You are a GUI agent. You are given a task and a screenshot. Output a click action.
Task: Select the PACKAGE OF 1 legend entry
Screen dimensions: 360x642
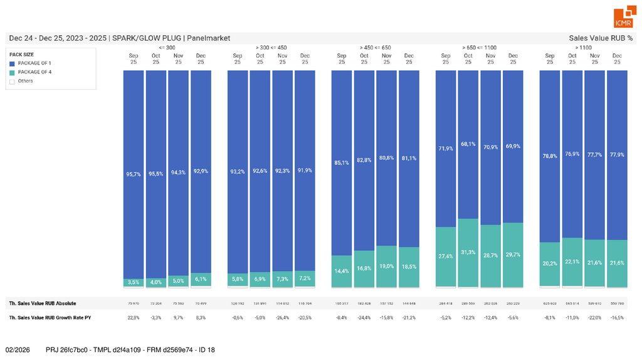click(34, 63)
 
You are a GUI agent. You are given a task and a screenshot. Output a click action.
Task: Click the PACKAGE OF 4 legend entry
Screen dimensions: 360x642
click(34, 72)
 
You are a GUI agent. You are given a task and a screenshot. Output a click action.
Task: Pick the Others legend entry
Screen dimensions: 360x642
click(25, 81)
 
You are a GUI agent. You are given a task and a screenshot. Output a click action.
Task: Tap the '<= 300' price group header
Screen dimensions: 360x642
click(167, 48)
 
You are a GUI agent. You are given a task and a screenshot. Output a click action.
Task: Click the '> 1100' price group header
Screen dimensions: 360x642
click(583, 48)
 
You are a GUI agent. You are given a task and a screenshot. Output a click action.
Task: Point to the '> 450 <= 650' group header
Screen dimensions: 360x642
click(375, 48)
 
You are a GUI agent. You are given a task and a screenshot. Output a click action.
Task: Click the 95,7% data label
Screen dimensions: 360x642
click(134, 174)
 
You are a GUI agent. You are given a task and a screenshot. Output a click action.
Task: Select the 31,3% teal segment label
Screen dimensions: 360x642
click(468, 252)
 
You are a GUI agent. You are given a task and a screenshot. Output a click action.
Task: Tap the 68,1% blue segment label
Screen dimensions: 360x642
click(468, 144)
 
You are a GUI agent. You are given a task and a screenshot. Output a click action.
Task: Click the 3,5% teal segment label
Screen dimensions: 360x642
click(134, 282)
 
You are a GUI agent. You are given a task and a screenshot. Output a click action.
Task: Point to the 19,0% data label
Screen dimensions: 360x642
click(387, 267)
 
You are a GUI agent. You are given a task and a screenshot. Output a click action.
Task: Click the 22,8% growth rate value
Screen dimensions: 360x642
click(134, 318)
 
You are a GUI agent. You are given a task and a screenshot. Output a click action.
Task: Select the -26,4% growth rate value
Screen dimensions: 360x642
click(283, 318)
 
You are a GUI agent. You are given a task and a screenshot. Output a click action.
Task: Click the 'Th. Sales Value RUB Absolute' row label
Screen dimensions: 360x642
click(42, 304)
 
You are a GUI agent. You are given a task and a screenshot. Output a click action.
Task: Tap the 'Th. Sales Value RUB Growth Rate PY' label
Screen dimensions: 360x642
click(50, 318)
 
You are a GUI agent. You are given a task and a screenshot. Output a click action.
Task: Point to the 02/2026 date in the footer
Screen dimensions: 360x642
click(18, 349)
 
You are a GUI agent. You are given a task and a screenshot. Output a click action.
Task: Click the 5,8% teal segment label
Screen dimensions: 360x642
click(238, 278)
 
